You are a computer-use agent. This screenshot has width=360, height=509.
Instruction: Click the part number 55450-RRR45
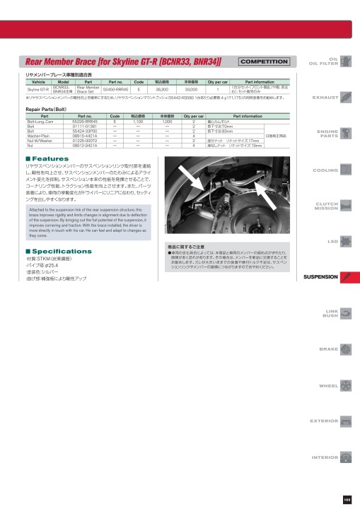pos(115,90)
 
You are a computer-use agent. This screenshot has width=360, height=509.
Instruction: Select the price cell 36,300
pos(161,90)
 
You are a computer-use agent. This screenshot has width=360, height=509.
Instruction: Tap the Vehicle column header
pos(37,82)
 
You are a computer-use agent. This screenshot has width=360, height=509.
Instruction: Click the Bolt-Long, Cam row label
pos(41,122)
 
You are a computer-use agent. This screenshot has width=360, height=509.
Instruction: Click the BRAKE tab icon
pos(345,349)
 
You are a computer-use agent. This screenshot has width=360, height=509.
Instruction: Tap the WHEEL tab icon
pos(345,385)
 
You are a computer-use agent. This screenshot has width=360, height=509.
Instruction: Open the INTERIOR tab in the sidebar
pos(324,457)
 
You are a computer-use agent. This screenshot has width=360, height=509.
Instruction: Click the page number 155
pos(347,500)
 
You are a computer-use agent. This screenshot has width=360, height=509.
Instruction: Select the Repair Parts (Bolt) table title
pos(47,111)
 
